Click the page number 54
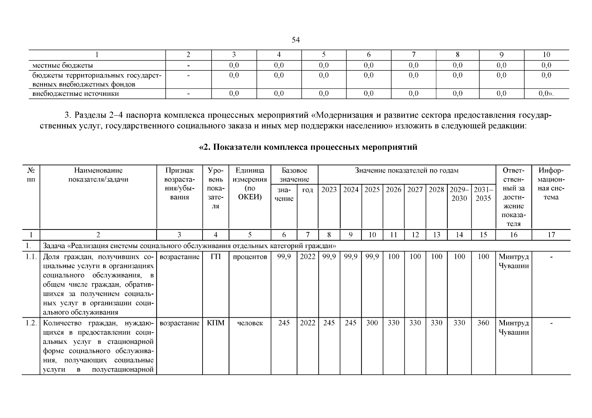296,40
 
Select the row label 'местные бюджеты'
63,65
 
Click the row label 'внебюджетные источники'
76,94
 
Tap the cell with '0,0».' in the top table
546,94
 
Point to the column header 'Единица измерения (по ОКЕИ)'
250,184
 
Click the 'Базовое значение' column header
294,175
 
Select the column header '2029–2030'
459,194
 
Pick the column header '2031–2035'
483,194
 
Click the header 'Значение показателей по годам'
407,171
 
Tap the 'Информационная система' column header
551,184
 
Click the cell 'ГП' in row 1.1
215,257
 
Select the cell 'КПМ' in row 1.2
215,323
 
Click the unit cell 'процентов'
250,257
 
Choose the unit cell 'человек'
250,323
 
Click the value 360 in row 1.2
483,323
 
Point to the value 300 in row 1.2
372,323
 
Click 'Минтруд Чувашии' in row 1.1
514,261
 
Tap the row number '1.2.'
31,323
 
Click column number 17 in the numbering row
551,235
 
